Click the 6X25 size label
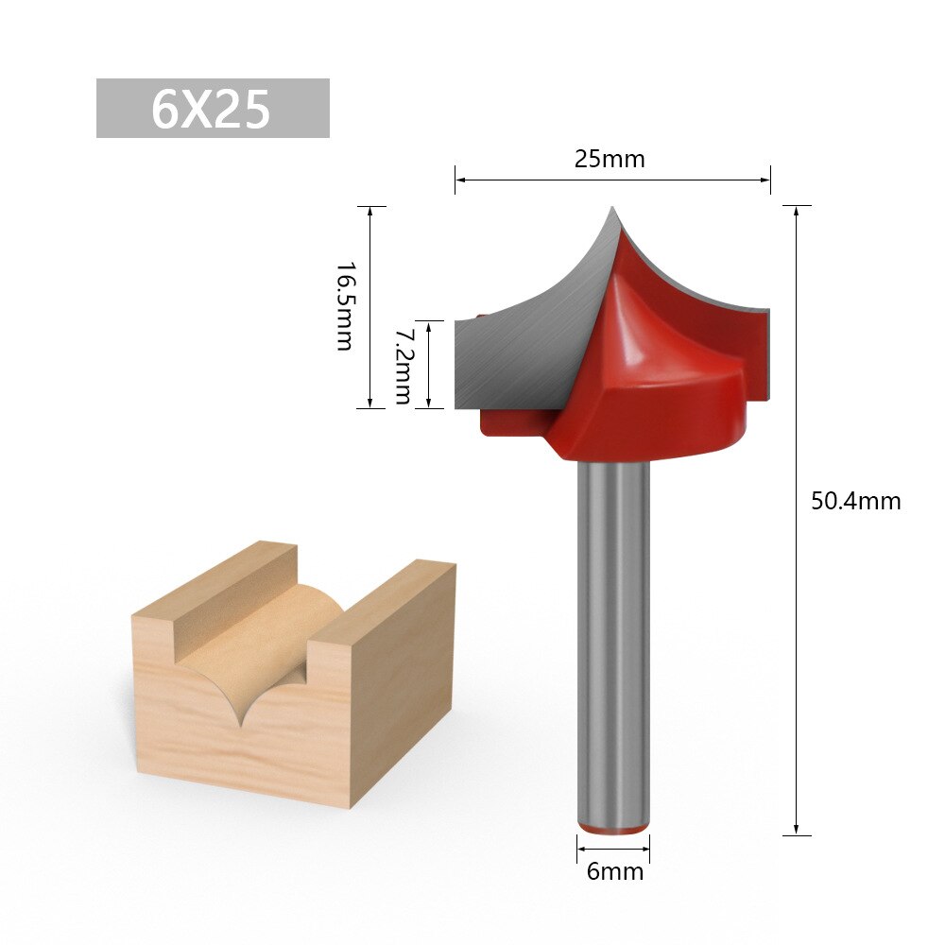pyautogui.click(x=213, y=109)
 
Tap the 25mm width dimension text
pyautogui.click(x=610, y=159)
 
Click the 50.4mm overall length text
pyautogui.click(x=855, y=501)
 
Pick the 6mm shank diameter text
pyautogui.click(x=614, y=870)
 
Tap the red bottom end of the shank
pyautogui.click(x=613, y=829)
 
